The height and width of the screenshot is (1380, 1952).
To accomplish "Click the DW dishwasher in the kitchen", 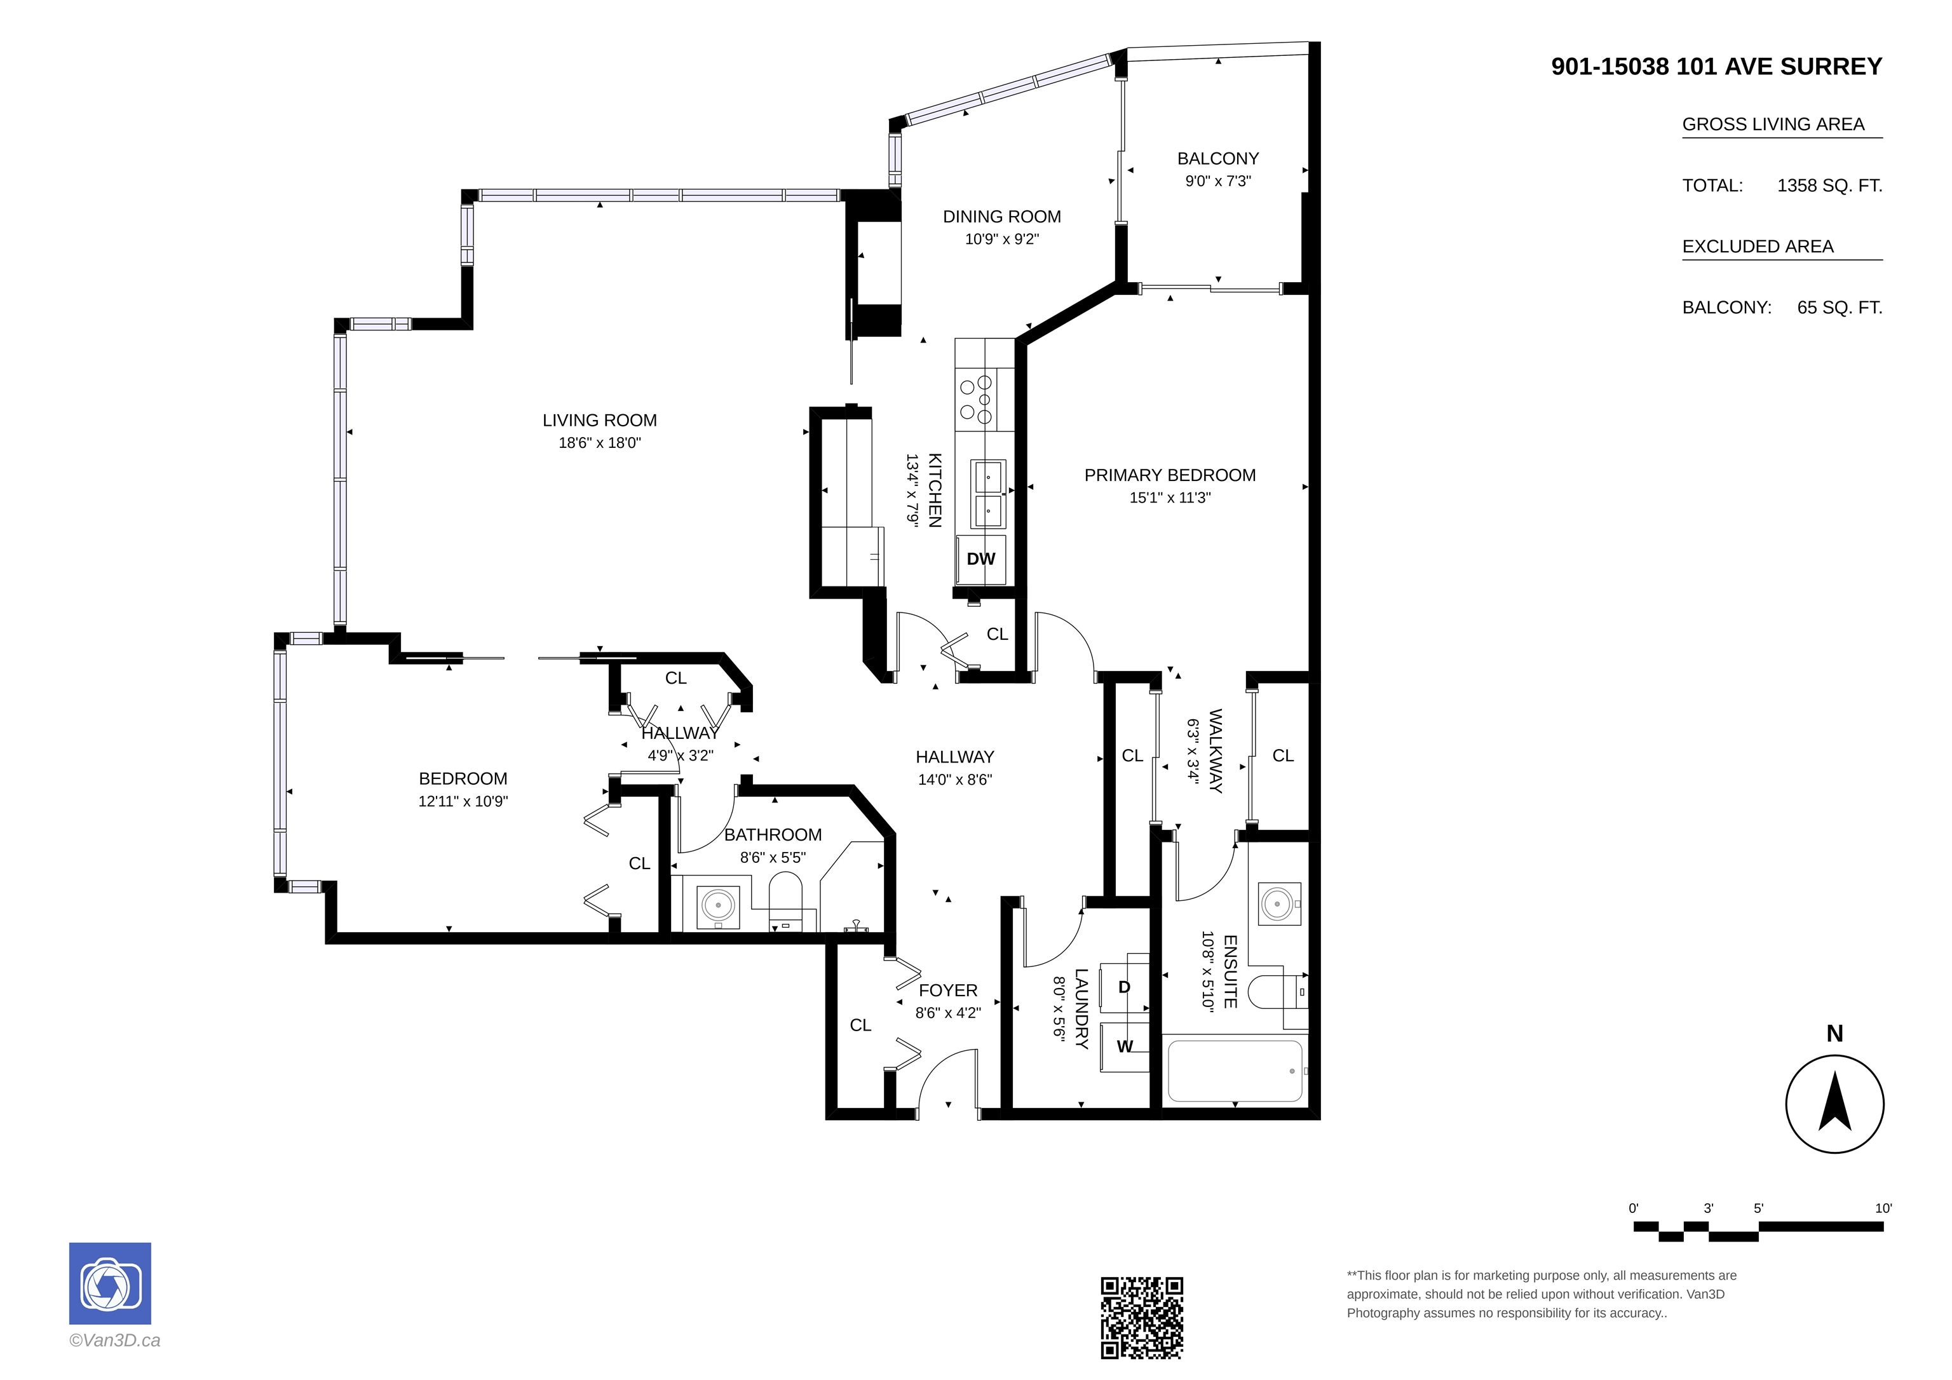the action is [x=981, y=558].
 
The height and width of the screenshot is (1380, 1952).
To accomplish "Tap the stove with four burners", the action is [x=977, y=400].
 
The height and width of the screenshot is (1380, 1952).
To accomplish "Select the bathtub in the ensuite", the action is [x=1235, y=1071].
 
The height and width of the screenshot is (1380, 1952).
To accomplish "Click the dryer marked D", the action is [x=1124, y=987].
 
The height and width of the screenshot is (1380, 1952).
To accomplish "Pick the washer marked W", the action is [x=1125, y=1046].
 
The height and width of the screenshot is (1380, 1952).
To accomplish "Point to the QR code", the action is [x=1142, y=1317].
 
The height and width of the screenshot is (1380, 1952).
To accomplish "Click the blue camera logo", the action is [x=110, y=1283].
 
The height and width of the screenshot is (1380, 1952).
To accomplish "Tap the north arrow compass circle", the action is [x=1834, y=1104].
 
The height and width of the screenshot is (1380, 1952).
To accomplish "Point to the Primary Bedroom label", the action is [x=1170, y=475].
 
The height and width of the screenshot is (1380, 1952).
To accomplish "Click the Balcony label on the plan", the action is [x=1217, y=159].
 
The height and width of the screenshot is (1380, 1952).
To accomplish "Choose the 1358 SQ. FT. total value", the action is [x=1829, y=186].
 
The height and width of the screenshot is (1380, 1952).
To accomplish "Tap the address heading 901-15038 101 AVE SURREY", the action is [x=1716, y=66].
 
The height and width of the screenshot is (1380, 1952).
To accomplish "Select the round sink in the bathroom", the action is [x=719, y=905].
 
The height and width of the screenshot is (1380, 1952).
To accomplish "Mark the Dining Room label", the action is [x=1001, y=217].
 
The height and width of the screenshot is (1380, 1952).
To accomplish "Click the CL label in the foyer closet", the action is [x=860, y=1025].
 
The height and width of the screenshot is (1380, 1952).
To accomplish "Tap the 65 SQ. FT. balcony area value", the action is [x=1840, y=308].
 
